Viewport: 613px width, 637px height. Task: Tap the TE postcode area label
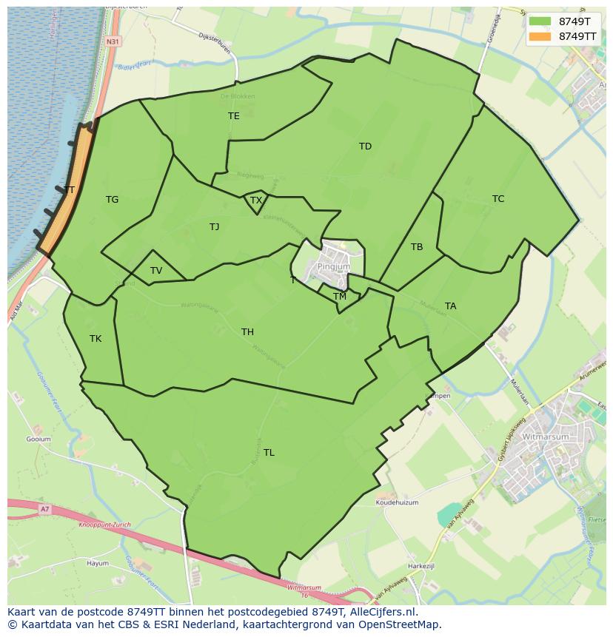pos(234,116)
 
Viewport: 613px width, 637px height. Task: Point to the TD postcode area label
pos(365,146)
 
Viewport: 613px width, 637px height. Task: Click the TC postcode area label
pos(498,199)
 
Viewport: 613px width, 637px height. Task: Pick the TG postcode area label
pos(112,200)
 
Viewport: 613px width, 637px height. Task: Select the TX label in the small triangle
pos(256,200)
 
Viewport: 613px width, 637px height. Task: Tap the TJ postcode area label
pos(214,227)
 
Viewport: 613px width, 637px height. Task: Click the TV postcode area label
pos(156,271)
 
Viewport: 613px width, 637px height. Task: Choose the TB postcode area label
pos(417,247)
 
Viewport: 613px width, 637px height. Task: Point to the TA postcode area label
pos(451,306)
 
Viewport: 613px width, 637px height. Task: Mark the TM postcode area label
pos(340,297)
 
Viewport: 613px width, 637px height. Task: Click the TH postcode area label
pos(247,332)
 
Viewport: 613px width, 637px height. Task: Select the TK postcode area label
pos(96,339)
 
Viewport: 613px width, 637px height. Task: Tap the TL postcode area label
pos(269,453)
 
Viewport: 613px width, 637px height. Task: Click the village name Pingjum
pos(333,266)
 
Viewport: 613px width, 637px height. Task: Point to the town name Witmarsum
pos(546,437)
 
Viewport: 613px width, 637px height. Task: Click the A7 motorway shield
pos(45,509)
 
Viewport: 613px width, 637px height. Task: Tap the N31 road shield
pos(113,41)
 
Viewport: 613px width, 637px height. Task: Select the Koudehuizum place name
pos(397,502)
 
